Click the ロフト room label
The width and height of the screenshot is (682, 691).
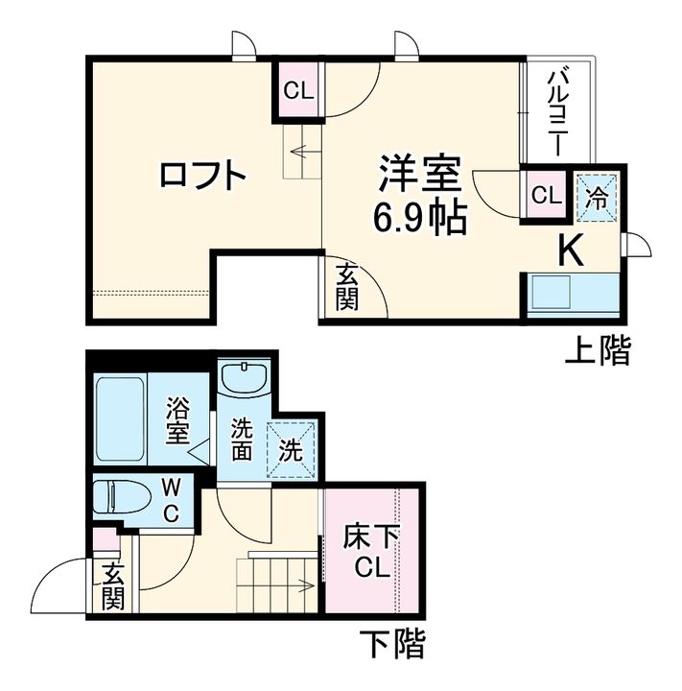(203, 176)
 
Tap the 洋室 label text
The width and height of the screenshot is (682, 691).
(419, 176)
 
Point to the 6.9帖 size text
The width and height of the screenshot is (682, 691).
(419, 220)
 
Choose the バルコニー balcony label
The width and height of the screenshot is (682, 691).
(556, 111)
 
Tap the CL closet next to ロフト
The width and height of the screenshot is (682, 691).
(298, 91)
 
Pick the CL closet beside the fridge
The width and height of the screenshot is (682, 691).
(545, 196)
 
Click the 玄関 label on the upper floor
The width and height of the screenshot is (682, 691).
(346, 286)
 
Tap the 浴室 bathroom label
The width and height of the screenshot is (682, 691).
(176, 422)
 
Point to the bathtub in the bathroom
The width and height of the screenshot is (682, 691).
(120, 418)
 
